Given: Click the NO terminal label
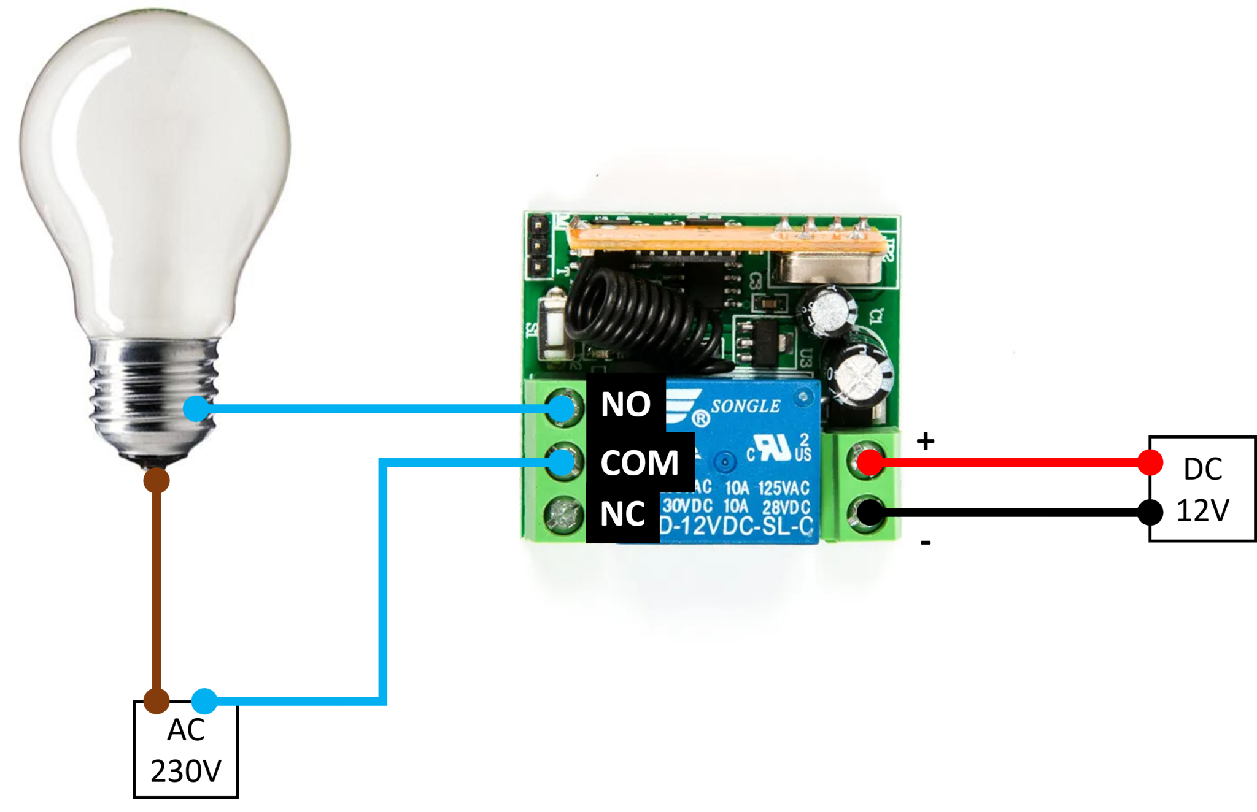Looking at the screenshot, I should [625, 405].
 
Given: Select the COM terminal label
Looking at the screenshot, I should [640, 462].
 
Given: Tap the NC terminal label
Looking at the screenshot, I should [622, 514].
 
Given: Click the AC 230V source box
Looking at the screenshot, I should [186, 750].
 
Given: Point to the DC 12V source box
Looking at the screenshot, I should [1202, 489].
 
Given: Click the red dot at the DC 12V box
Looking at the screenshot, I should [1149, 462].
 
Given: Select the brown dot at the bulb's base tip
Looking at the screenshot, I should [157, 481].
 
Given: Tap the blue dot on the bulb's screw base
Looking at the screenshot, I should [196, 408].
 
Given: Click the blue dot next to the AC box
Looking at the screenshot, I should [204, 700].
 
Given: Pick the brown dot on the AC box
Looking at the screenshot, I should [157, 700].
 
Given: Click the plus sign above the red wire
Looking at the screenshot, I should [926, 441].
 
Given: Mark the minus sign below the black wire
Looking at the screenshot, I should [926, 542].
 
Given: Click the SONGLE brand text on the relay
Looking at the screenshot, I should [745, 406].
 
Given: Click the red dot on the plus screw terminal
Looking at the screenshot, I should [870, 462].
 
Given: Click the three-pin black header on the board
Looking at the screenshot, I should [538, 245].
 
